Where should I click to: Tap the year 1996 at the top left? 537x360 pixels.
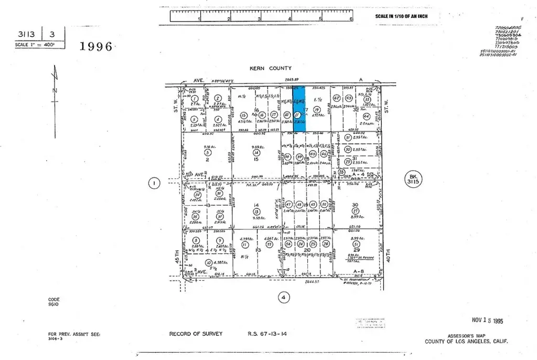point(96,46)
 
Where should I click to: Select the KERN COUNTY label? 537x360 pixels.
point(270,68)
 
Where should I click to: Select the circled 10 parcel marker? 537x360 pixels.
point(209,263)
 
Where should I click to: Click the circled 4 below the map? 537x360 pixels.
point(283,298)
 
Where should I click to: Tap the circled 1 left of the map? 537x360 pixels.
point(154,183)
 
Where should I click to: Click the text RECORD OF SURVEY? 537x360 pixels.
point(196,334)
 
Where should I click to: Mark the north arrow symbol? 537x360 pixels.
point(55,84)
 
